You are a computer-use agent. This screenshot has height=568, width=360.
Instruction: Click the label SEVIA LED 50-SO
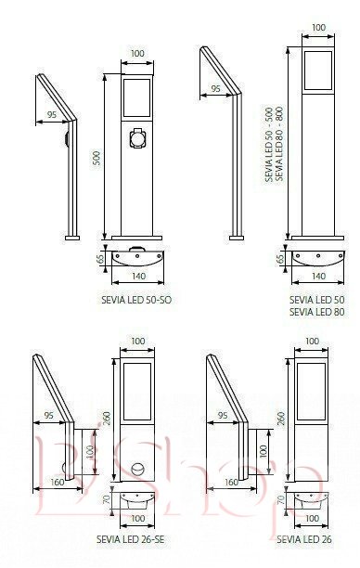click(136, 300)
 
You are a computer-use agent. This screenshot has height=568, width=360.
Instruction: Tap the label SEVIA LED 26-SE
click(131, 539)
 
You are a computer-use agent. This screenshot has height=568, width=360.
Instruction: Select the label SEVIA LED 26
click(304, 539)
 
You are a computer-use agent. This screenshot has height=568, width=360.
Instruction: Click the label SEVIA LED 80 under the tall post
click(317, 312)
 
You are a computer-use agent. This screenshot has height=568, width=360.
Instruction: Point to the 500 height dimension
click(96, 158)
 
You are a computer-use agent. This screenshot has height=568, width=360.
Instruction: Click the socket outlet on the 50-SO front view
click(137, 138)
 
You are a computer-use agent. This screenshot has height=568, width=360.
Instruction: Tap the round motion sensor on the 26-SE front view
click(137, 469)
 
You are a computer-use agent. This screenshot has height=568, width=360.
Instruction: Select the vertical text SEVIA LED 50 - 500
click(269, 144)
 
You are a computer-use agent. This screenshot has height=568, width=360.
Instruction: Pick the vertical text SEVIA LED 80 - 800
click(279, 144)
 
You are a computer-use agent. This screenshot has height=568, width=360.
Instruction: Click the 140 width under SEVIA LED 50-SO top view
click(138, 276)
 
